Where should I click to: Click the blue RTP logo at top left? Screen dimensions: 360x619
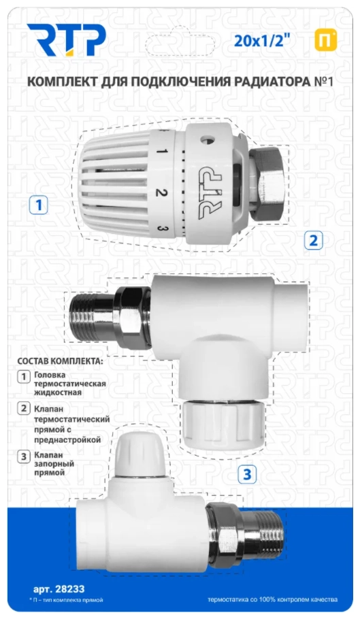point(66,40)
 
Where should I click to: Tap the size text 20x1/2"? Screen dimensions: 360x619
point(259,40)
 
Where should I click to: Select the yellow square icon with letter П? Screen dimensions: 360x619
point(326,40)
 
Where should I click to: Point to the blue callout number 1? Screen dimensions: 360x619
point(39,205)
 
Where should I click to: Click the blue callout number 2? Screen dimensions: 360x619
point(314,240)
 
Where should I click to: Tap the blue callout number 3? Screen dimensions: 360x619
point(247,473)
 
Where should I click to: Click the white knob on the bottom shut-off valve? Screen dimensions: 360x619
point(138,453)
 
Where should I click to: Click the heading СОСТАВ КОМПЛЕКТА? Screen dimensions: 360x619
point(60,361)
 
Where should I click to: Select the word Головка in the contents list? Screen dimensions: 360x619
point(50,375)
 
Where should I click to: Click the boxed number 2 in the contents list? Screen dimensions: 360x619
point(24,408)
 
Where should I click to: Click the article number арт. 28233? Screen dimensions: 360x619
point(59,589)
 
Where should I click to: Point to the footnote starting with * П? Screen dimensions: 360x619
point(66,600)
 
